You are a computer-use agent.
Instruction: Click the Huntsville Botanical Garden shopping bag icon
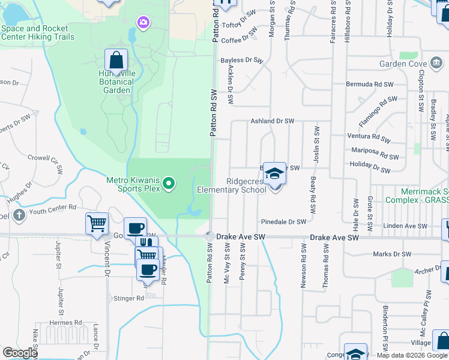coord(116,61)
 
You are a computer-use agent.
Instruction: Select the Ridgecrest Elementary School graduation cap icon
coord(274,173)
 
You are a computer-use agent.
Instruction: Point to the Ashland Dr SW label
coord(272,121)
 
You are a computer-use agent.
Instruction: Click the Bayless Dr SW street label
coord(242,60)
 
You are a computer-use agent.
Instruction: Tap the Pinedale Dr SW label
coord(283,221)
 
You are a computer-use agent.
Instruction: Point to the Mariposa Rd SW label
coord(375,152)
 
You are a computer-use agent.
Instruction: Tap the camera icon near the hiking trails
coord(143,22)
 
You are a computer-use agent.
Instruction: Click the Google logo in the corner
coord(19,353)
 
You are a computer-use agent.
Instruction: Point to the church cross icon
coord(19,215)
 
